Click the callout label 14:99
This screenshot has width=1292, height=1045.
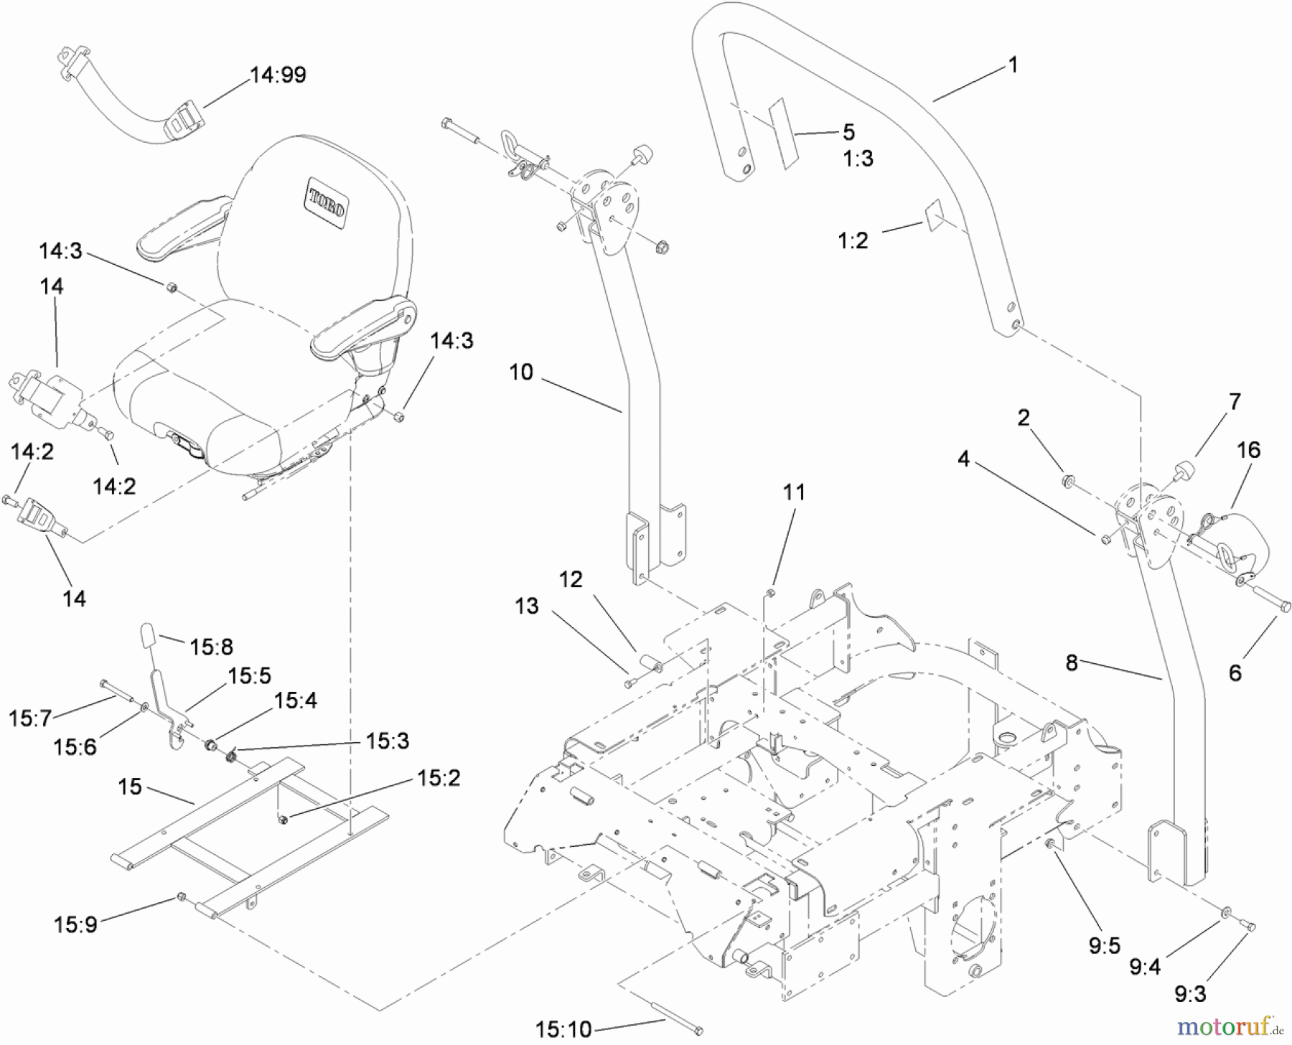click(x=278, y=75)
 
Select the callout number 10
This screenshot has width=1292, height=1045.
click(x=521, y=372)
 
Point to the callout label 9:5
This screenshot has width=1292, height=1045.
click(x=1104, y=946)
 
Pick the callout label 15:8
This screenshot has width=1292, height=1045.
click(x=211, y=647)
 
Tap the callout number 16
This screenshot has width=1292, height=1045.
click(x=1248, y=450)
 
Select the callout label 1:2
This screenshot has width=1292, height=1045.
click(x=853, y=240)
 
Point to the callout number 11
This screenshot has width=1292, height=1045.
click(x=794, y=492)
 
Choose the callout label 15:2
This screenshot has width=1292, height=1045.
click(x=439, y=778)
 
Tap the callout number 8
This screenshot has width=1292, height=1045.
click(x=1071, y=662)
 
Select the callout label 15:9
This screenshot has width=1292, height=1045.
click(x=75, y=924)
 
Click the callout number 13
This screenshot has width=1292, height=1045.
click(x=526, y=606)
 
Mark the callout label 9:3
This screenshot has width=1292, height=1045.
click(x=1190, y=994)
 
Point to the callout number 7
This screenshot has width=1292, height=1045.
click(x=1235, y=401)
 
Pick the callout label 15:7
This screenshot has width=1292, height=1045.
click(x=30, y=718)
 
